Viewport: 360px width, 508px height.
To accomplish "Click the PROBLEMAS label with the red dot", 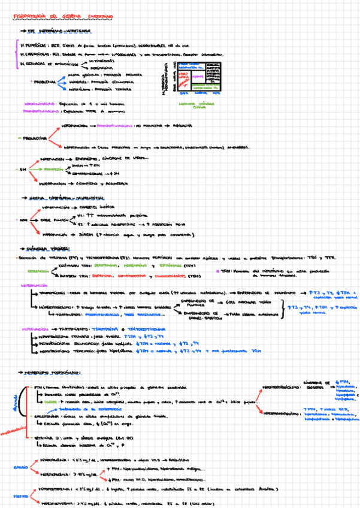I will [44, 80].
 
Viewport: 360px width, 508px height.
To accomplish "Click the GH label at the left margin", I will [22, 170].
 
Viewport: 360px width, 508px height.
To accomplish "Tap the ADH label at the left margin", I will [23, 220].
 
